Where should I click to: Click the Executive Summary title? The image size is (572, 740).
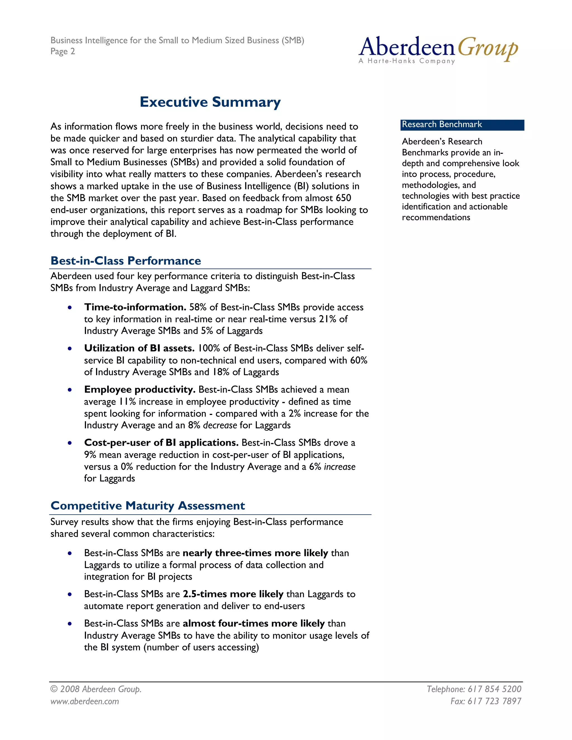pos(210,102)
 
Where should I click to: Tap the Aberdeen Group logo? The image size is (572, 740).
pos(438,49)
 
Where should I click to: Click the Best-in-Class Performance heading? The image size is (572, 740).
pos(126,261)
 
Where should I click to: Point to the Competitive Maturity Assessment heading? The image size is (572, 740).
pos(147,505)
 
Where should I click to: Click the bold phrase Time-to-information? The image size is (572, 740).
pos(135,307)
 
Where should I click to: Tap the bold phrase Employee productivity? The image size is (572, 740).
pos(140,389)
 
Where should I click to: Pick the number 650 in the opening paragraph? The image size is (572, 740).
pos(343,198)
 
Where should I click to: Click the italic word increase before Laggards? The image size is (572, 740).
pos(340,467)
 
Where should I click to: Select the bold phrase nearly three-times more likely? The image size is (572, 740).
pos(255,553)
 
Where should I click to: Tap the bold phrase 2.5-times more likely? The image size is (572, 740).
pos(233,594)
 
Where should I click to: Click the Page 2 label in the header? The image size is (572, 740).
pos(63,51)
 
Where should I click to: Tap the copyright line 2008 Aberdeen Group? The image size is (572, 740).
pos(96,689)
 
